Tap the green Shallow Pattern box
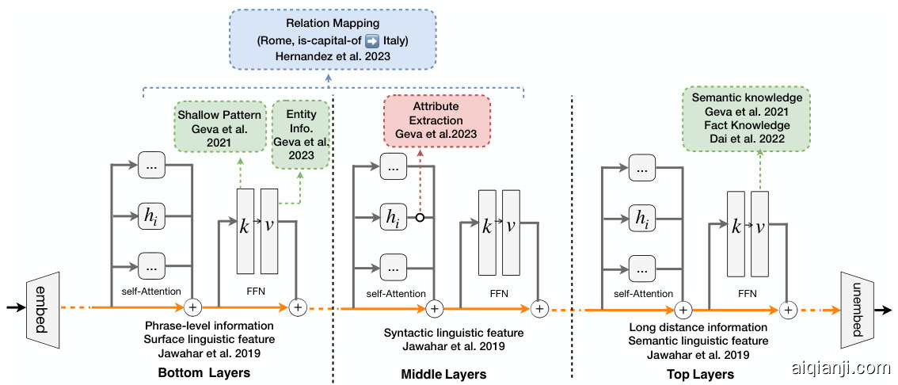pos(220,126)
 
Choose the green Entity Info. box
pos(300,133)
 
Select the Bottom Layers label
pos(205,373)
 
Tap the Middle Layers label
pos(443,373)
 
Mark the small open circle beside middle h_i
pos(421,216)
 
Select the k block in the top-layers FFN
pos(736,227)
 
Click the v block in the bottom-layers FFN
pos(269,227)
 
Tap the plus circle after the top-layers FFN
pos(788,309)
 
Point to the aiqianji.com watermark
pos(841,368)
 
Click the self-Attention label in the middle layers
pos(397,293)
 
